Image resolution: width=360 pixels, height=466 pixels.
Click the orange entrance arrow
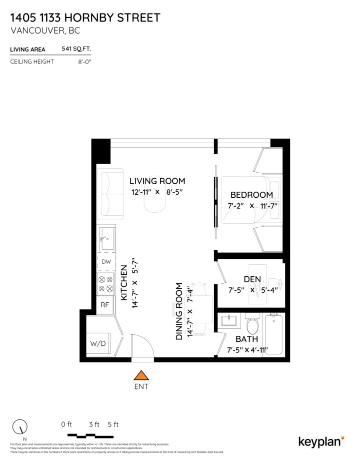coord(142,375)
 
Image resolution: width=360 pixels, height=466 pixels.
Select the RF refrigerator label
coord(105,304)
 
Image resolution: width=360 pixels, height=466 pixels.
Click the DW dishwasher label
coord(106,262)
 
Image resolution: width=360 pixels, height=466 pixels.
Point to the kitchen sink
coord(106,239)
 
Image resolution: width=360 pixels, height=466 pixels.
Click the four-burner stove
coord(106,284)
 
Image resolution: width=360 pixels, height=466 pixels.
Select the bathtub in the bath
coord(274,334)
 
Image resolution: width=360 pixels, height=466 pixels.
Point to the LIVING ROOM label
coord(157,181)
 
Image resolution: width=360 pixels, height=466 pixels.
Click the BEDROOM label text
coord(251,195)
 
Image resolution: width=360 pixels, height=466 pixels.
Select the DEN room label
coord(252,279)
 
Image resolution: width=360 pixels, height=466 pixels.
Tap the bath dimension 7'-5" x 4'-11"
coord(248,350)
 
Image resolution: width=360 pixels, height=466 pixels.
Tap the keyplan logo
coord(321,441)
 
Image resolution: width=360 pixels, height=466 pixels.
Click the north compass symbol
coord(20,427)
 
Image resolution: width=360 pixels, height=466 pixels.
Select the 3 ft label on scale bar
coord(93,424)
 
